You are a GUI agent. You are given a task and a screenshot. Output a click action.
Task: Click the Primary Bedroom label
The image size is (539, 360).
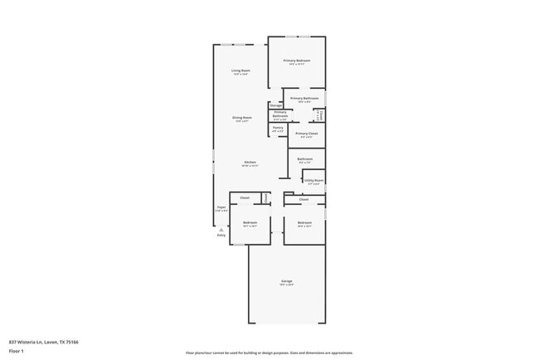point(297,61)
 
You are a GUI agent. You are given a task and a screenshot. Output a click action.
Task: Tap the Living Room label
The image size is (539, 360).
point(241,71)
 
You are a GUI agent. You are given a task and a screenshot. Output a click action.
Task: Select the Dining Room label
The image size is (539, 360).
point(241,117)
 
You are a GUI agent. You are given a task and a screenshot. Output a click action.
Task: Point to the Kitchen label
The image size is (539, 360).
point(250,162)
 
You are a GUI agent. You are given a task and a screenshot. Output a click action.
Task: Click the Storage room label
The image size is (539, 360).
point(274,105)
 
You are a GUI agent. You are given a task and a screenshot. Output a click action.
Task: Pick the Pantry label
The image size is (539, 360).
point(278,127)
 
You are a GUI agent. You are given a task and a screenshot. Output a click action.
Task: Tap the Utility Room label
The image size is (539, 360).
point(313,180)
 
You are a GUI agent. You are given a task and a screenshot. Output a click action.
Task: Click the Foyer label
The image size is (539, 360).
point(221,207)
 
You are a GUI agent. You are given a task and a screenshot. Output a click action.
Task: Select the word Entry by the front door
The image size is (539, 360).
point(221,236)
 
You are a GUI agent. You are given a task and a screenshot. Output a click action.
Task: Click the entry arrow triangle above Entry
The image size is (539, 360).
point(221,229)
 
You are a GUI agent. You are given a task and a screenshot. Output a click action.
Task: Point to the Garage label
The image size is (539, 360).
point(286,281)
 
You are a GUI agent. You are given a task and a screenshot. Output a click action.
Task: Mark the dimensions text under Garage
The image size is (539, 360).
point(286,285)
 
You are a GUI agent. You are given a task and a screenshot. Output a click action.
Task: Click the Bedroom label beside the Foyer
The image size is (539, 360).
point(250,222)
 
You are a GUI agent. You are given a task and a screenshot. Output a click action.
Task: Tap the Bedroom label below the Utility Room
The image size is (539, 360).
point(304,222)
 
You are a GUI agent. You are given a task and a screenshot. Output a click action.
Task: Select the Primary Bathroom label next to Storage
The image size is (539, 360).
point(280,114)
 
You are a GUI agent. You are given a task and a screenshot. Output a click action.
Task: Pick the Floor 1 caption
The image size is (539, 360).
point(16,351)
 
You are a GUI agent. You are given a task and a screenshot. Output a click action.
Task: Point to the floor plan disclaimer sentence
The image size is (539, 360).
point(269,353)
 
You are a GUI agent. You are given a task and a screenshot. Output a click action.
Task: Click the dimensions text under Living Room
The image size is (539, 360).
point(241,75)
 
